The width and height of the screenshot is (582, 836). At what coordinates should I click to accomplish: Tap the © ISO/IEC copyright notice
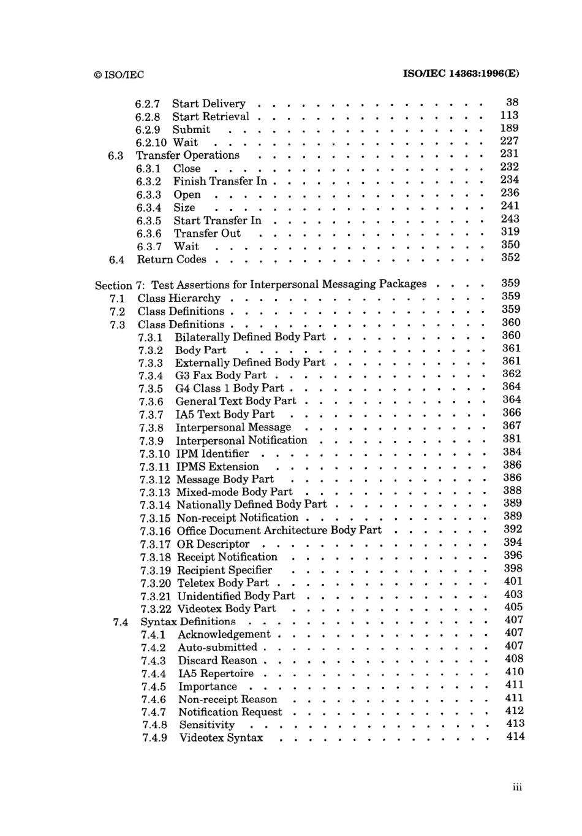[x=119, y=75]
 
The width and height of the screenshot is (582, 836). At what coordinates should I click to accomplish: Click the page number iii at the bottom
[x=517, y=788]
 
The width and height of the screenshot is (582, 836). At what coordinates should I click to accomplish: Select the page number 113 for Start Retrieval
[x=509, y=115]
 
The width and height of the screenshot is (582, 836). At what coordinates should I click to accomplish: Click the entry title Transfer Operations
[x=187, y=155]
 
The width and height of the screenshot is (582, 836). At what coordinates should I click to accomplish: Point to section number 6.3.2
[x=149, y=182]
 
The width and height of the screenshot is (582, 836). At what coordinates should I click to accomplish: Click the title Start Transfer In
[x=217, y=220]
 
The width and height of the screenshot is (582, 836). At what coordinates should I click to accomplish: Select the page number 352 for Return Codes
[x=510, y=258]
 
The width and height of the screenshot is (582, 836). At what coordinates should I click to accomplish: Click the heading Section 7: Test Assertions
[x=260, y=285]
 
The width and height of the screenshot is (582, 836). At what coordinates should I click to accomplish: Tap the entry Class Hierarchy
[x=179, y=298]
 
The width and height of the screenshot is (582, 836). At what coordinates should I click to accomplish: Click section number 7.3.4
[x=151, y=376]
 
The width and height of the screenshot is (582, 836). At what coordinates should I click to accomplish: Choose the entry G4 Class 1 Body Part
[x=229, y=388]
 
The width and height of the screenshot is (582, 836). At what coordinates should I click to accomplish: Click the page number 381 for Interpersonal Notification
[x=512, y=439]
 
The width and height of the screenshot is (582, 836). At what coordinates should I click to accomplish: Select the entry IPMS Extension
[x=217, y=467]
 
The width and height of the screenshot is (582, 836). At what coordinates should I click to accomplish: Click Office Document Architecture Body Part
[x=279, y=531]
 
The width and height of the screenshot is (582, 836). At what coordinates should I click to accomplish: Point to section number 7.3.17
[x=155, y=545]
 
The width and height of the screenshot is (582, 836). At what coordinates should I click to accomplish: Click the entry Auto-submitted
[x=217, y=647]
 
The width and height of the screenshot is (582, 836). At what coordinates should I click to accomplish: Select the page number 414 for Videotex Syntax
[x=515, y=736]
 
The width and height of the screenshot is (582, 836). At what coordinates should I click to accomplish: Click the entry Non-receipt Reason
[x=227, y=699]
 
